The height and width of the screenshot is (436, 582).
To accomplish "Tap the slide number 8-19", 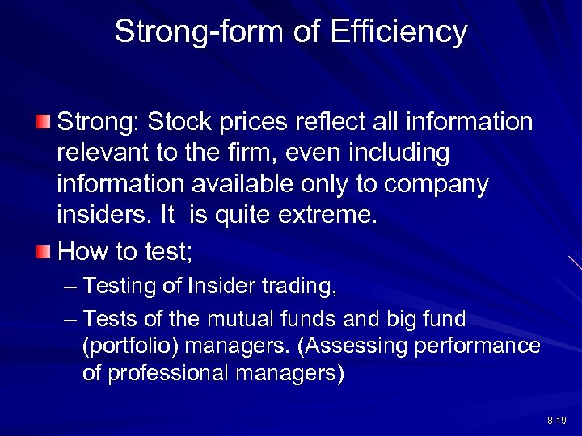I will tap(556, 421).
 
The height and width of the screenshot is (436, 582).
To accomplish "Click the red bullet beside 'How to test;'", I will tap(44, 253).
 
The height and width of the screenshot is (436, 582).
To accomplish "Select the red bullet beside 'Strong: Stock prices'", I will tap(44, 123).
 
